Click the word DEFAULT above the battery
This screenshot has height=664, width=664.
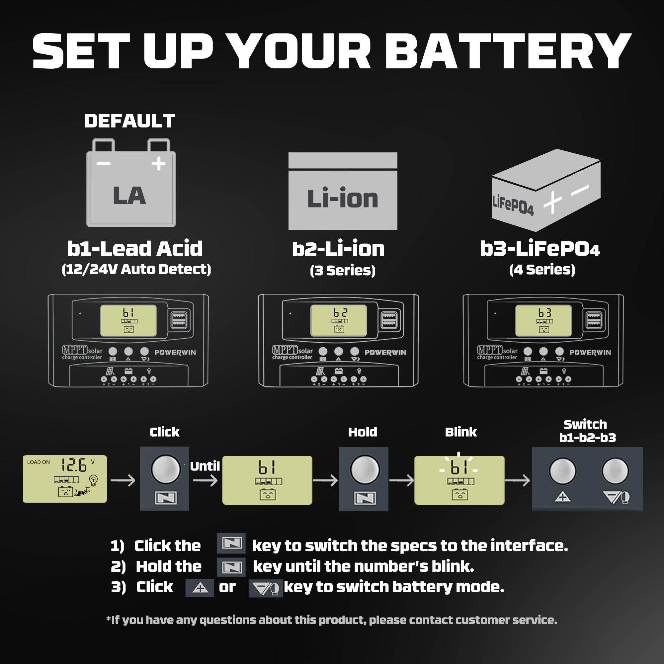tap(129, 121)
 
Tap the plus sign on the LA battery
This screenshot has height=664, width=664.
tap(158, 164)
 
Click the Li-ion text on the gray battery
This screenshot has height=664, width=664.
tap(342, 198)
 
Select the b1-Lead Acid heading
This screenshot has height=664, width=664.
tap(135, 249)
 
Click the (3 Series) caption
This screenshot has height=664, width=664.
tap(342, 271)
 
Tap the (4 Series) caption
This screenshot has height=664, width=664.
tap(542, 270)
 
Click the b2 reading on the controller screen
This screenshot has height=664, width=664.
tap(340, 312)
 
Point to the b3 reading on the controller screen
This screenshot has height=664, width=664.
tap(545, 312)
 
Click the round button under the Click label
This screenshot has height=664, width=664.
tap(165, 469)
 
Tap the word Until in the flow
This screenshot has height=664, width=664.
tap(205, 466)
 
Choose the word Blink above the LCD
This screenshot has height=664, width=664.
tap(460, 432)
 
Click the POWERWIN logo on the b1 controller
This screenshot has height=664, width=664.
tap(175, 352)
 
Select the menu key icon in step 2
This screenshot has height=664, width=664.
tap(231, 567)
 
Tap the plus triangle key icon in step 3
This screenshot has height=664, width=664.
tap(200, 587)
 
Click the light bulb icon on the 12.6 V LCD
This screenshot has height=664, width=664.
tap(93, 479)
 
